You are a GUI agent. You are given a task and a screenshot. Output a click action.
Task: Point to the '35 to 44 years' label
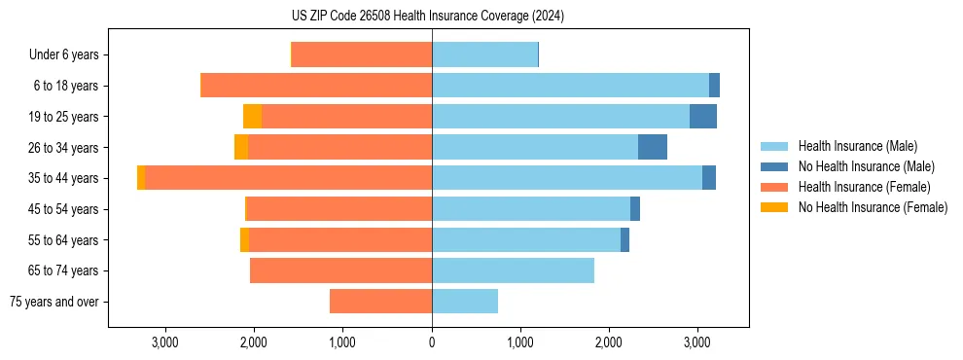[x=63, y=178]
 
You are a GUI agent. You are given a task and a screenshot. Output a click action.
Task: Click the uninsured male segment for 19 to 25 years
[x=703, y=117]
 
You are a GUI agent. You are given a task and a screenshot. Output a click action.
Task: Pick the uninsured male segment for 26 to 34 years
[x=653, y=147]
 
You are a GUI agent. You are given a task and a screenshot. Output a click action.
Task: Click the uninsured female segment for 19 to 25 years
[x=252, y=117]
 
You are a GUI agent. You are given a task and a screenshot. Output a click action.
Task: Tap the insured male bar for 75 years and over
[x=465, y=302]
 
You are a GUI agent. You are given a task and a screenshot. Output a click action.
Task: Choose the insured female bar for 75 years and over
[x=380, y=302]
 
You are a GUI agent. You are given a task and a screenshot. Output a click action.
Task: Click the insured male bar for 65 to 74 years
[x=513, y=270]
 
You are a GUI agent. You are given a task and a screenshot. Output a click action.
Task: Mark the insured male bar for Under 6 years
[x=484, y=55]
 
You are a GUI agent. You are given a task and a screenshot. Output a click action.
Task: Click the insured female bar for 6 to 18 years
[x=316, y=86]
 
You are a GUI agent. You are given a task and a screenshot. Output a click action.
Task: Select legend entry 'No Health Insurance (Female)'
[x=873, y=207]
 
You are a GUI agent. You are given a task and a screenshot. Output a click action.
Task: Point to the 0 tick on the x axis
[x=432, y=342]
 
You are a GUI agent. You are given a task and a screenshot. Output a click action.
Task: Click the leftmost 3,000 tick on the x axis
[x=164, y=342]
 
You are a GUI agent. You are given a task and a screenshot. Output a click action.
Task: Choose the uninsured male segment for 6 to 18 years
[x=714, y=86]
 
